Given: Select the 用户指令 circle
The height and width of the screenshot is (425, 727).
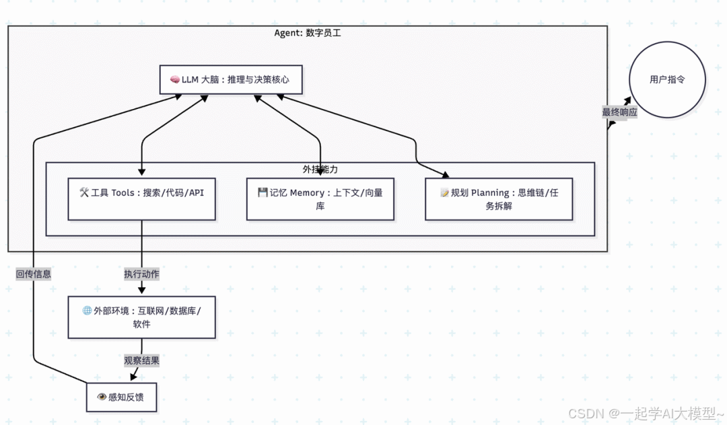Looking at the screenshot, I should pos(666,79).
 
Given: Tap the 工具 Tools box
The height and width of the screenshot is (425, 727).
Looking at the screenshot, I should pos(141,199).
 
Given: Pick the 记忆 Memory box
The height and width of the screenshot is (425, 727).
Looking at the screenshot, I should pos(320,199).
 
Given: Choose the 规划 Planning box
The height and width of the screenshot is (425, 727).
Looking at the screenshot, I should pos(498,199).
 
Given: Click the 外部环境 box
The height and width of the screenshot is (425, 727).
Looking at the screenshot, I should pos(141,317).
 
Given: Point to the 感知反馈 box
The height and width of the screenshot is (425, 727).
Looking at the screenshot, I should pos(125,397).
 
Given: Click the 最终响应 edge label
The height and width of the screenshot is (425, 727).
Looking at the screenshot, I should pos(619,112).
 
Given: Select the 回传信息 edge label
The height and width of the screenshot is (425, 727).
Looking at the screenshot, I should pos(34,274).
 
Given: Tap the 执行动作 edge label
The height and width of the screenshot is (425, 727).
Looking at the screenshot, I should pos(141,274).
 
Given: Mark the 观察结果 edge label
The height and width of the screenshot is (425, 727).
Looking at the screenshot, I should pos(141,360).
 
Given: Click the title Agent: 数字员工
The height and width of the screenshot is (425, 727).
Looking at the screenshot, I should pos(308,33).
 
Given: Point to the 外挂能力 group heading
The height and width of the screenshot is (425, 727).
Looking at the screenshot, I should pos(320,169).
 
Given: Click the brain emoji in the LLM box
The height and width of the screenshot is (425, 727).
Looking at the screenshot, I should pos(174,79).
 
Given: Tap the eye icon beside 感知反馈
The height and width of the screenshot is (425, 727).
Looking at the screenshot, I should pos(102,397).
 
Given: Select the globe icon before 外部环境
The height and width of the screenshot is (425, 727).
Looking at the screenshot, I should pos(87,311).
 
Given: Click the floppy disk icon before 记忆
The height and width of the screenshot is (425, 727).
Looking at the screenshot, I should pos(263,193).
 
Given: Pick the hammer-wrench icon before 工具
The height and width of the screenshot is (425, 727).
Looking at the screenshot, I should pos(84,193).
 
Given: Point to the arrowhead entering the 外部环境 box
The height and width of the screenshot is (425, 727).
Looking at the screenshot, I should pos(141,291).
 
